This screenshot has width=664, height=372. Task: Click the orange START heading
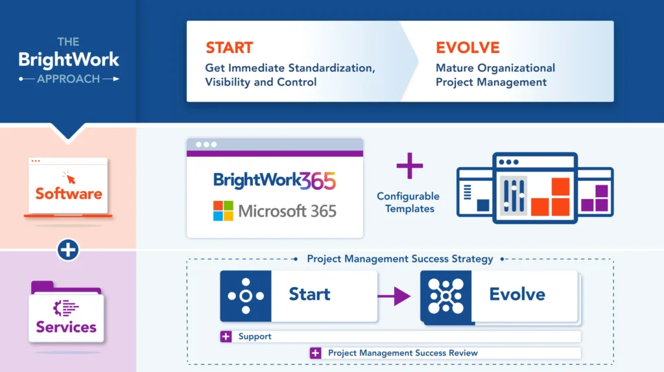click(229, 47)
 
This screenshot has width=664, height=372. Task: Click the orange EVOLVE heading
click(468, 47)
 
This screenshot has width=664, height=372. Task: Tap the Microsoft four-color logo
click(223, 211)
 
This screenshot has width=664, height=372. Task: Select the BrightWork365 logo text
click(274, 181)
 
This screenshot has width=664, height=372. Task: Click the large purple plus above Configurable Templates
click(410, 166)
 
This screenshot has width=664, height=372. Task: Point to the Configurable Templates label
click(409, 202)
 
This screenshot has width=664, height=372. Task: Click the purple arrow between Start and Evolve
click(394, 296)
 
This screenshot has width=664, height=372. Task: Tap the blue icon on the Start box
click(246, 296)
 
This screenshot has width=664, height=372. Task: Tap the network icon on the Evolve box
click(446, 296)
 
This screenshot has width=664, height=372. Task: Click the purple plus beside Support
click(226, 336)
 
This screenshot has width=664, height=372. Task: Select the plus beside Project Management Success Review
click(316, 353)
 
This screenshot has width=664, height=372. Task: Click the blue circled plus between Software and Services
click(67, 250)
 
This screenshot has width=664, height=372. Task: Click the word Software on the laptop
click(69, 193)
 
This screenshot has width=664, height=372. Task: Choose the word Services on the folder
click(66, 327)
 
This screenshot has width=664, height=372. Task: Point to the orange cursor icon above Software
click(69, 178)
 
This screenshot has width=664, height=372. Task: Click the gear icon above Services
click(65, 308)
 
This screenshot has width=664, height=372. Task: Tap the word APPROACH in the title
click(68, 78)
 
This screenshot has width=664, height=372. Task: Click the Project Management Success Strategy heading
click(399, 259)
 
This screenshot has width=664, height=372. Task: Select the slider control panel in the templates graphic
click(514, 195)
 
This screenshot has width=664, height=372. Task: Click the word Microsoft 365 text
click(287, 211)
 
